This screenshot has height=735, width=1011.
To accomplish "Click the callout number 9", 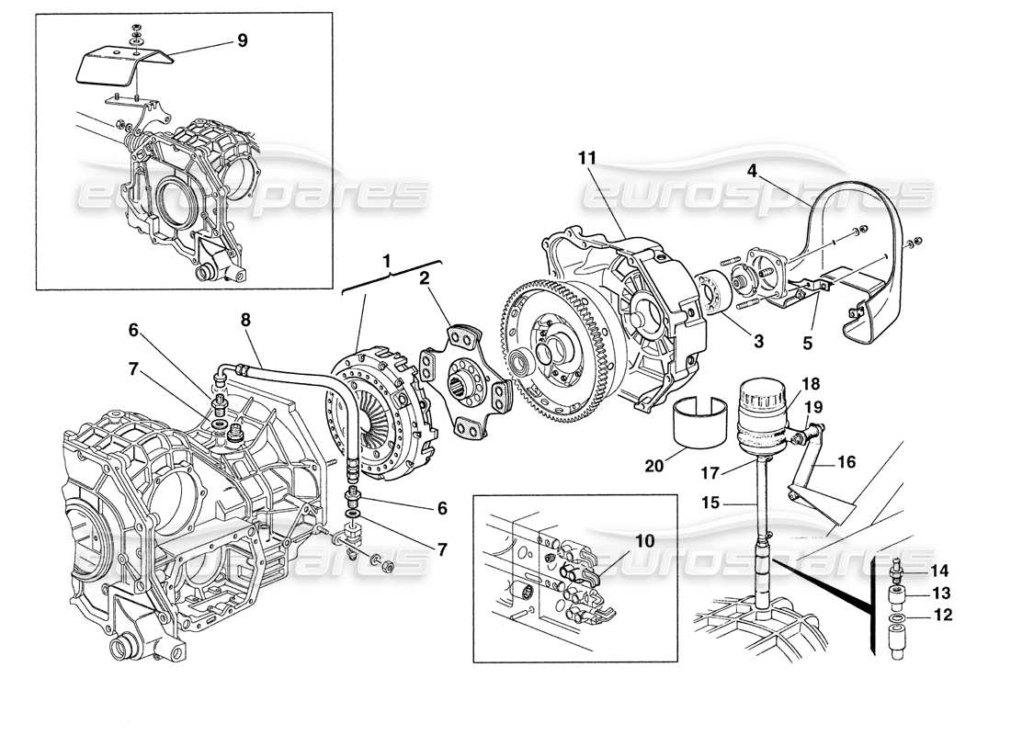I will pos(242,40).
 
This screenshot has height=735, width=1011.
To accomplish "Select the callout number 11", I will pos(587,159).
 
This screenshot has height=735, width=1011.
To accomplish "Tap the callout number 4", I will pos(751,170).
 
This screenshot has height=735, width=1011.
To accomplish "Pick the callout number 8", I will pos(246,322).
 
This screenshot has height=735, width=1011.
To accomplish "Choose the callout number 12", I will pos(941,616).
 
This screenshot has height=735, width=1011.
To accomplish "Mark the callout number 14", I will pos(941,570).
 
